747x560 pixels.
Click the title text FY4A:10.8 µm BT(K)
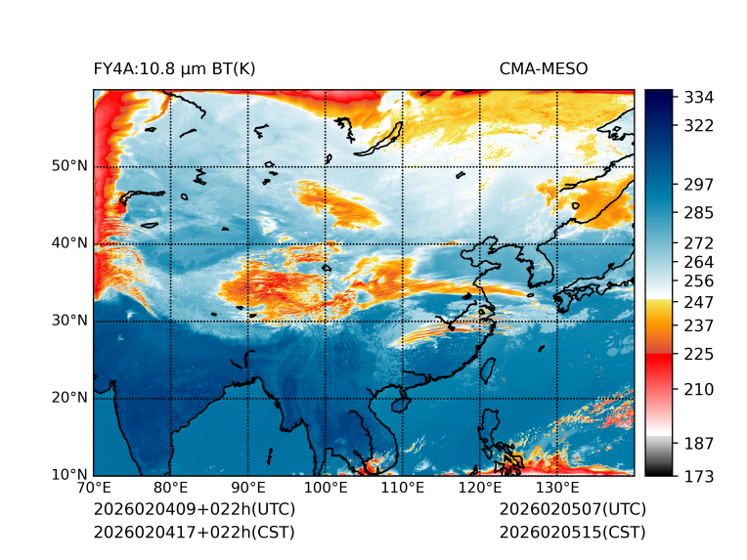174,68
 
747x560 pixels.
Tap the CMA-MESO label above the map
544,68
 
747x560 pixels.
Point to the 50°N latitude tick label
69,166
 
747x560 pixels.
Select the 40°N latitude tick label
69,243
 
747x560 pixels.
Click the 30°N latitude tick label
69,321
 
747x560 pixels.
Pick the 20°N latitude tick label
69,398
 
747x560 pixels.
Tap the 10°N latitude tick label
69,475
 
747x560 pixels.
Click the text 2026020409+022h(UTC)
194,510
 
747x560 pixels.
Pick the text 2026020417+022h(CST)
194,532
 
